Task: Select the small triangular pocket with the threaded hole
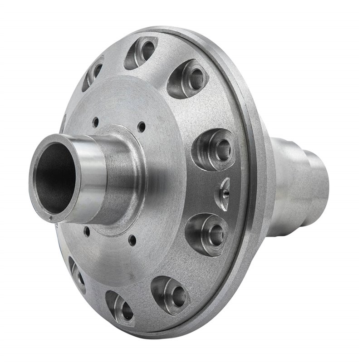(222, 193)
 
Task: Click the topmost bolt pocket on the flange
(142, 51)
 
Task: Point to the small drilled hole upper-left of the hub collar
(95, 121)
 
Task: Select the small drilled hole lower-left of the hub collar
(86, 232)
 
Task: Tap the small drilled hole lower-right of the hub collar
(132, 239)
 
